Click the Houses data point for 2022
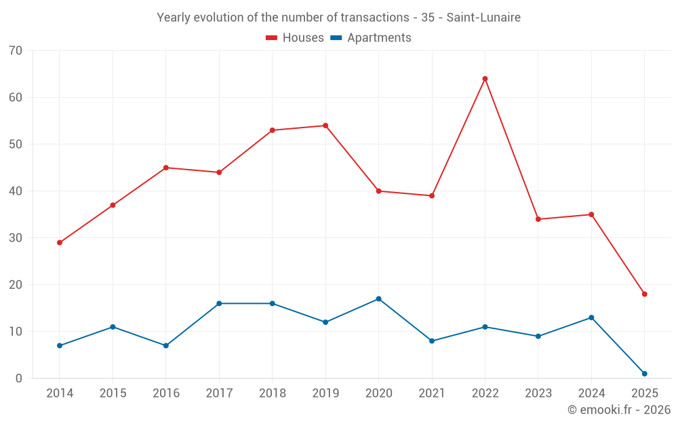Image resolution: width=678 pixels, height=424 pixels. [x=485, y=79]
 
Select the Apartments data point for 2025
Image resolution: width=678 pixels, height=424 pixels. [x=644, y=374]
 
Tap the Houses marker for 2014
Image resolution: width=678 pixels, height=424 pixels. [x=60, y=242]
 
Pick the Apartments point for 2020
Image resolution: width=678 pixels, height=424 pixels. [x=378, y=298]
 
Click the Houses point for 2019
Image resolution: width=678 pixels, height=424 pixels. [x=325, y=126]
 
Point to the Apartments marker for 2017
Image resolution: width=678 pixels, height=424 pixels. [x=219, y=303]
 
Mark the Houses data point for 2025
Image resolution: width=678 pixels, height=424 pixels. [x=644, y=294]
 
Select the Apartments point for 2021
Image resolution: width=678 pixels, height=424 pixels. [x=432, y=341]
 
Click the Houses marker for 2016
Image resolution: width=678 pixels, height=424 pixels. [x=166, y=168]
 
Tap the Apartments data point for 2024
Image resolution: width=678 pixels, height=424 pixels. [x=591, y=317]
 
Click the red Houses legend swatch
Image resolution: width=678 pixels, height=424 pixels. [x=271, y=38]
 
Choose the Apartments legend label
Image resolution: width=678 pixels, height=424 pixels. [x=379, y=38]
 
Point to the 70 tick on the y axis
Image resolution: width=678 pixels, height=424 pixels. [x=16, y=51]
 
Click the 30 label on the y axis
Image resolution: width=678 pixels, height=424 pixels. [x=16, y=238]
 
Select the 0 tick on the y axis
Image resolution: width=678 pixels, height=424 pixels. [x=19, y=379]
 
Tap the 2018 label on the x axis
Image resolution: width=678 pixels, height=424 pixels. [x=272, y=393]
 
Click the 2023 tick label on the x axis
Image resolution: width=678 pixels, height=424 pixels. [x=538, y=393]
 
